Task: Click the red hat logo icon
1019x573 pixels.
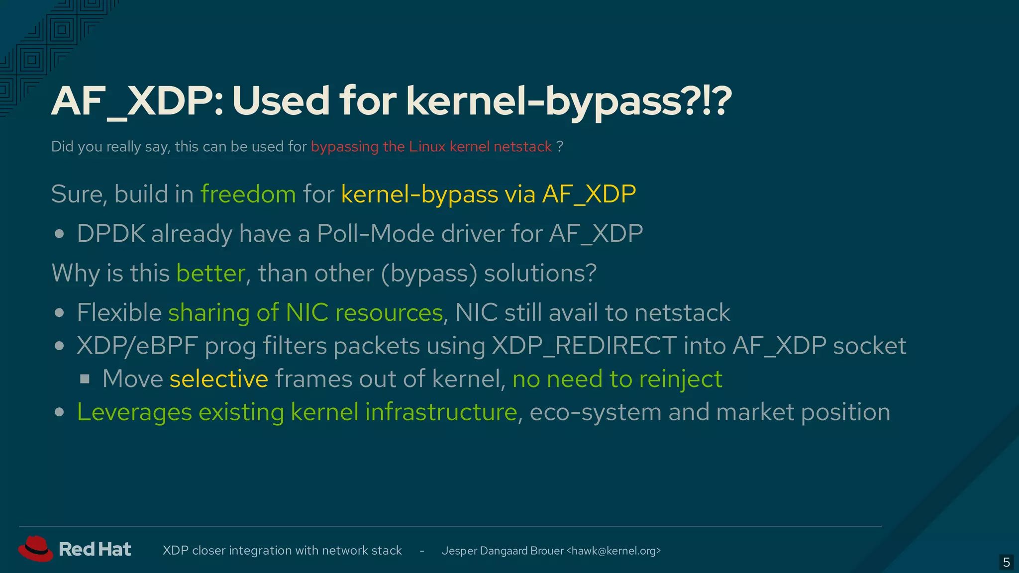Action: [x=35, y=549]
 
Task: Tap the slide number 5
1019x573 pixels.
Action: [x=1006, y=563]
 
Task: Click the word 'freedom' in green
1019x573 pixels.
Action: [x=248, y=194]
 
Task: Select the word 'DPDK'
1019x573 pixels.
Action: [x=111, y=234]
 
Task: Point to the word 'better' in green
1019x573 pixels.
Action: [x=210, y=273]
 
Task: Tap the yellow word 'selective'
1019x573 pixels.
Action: [x=218, y=379]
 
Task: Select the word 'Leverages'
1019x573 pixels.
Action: [x=134, y=412]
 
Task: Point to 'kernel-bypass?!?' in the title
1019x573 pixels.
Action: [x=569, y=101]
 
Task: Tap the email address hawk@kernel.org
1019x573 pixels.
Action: [x=614, y=551]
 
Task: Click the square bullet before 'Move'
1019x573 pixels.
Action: [x=85, y=380]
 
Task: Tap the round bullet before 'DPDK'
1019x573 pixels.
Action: [x=60, y=234]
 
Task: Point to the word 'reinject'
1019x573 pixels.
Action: [x=680, y=379]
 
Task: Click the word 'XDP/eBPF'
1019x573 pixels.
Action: [x=137, y=346]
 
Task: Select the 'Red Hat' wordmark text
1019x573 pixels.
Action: [x=95, y=549]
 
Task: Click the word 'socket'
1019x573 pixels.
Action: [x=870, y=346]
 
